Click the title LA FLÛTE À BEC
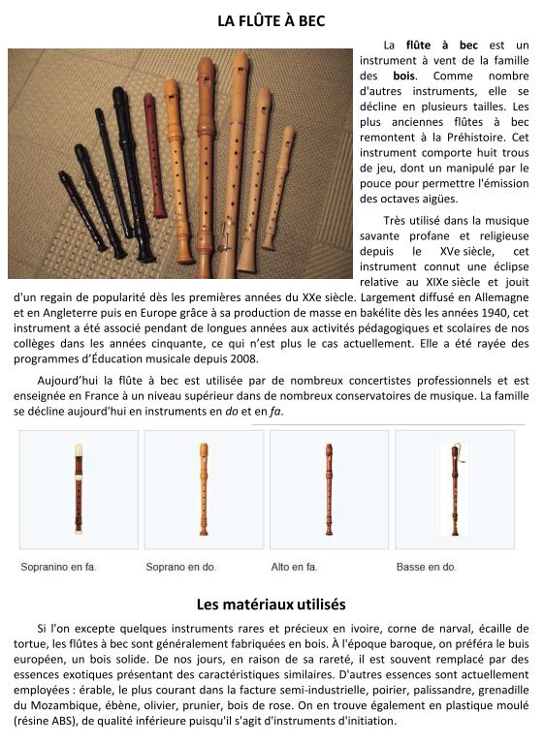(272, 21)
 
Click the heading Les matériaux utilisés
(272, 604)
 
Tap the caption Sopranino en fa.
(58, 567)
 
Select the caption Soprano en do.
(181, 567)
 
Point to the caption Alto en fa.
(294, 567)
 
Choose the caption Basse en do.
(426, 567)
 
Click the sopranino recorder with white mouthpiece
(79, 489)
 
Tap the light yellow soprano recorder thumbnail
(204, 489)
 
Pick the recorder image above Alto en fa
(329, 489)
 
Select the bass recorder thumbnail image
(455, 489)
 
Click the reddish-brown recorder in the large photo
(155, 157)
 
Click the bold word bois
(403, 76)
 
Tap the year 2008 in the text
(243, 358)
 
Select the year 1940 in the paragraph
(495, 313)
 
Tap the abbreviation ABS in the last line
(64, 721)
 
